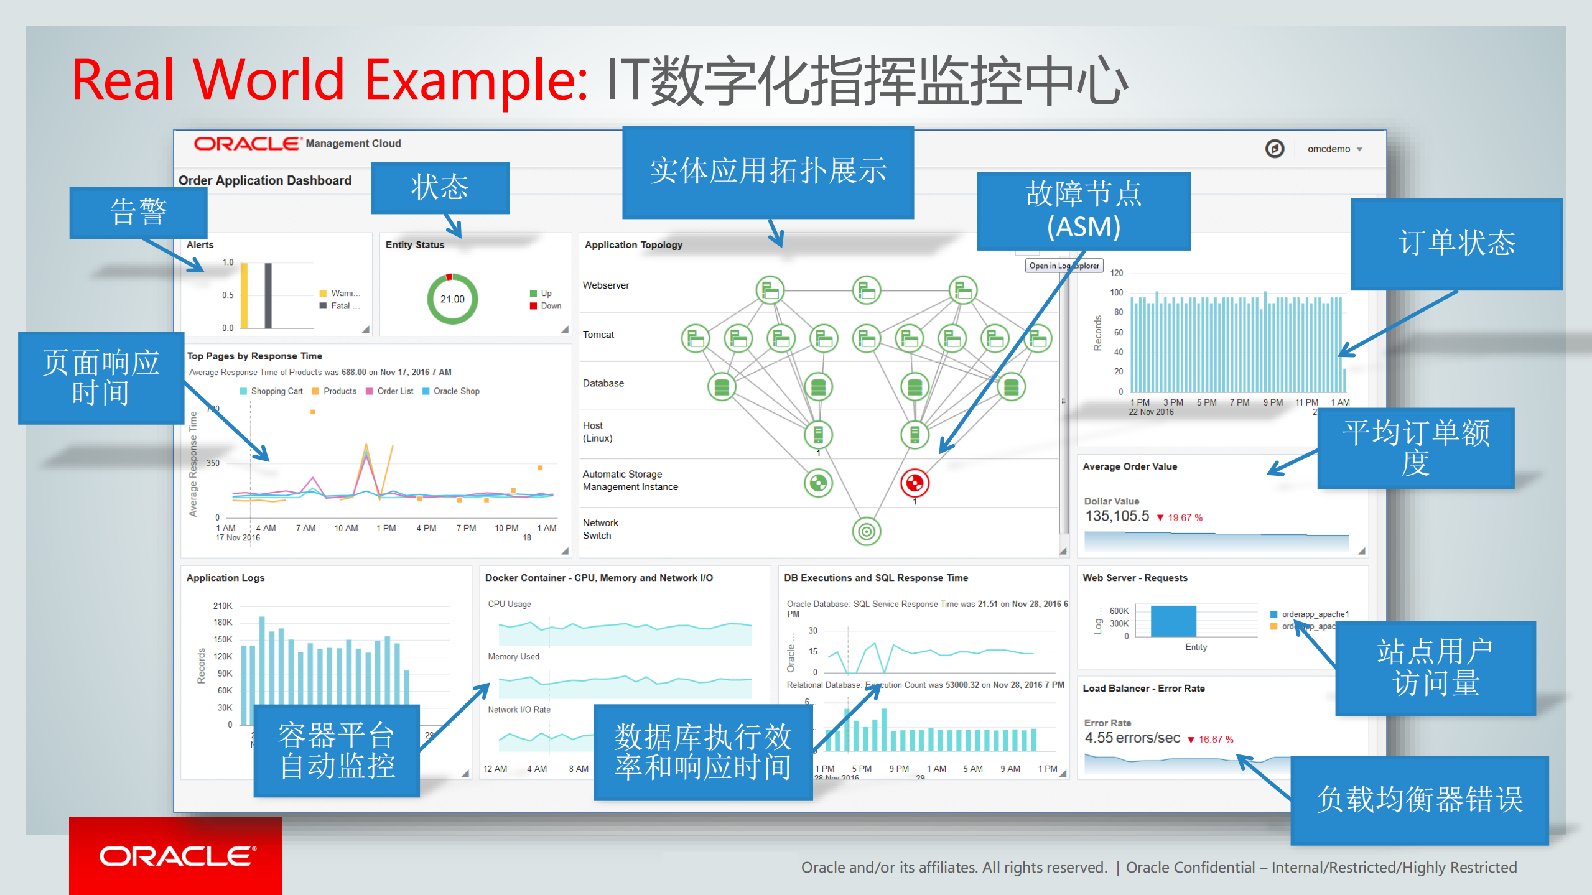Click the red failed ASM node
pos(915,483)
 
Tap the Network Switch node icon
pos(867,531)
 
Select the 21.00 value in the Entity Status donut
pos(452,299)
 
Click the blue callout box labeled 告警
pos(138,212)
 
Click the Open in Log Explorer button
pos(1064,266)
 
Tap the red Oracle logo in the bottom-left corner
pos(176,856)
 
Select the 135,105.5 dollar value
pos(1117,516)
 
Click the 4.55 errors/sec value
pos(1132,738)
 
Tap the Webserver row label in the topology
pos(606,285)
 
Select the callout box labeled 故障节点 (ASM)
pos(1084,210)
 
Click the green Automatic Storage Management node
pos(818,483)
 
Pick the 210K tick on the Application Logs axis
pos(222,606)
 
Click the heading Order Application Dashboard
pos(265,180)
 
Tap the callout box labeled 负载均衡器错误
pos(1419,799)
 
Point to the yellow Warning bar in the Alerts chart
pos(244,295)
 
